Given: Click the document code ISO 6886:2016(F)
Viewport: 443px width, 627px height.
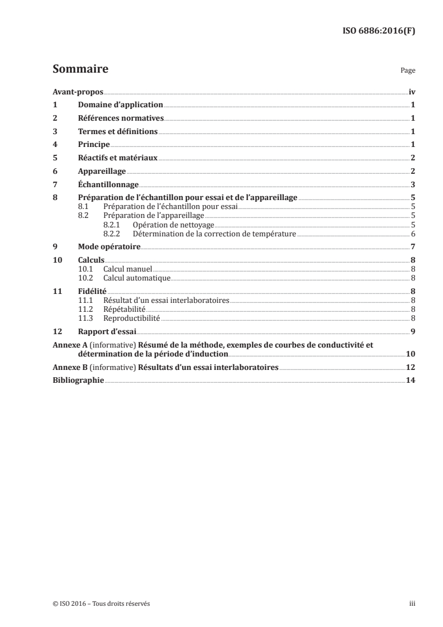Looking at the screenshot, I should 378,31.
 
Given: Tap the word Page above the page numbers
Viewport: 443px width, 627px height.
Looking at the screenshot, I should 407,72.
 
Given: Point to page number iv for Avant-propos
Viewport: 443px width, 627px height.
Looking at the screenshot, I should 411,91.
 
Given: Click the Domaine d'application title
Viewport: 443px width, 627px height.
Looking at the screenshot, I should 120,104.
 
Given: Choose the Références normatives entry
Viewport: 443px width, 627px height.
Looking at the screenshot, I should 121,118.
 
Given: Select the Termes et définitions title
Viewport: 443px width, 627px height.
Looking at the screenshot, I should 118,131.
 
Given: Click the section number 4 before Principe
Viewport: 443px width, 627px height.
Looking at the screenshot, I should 55,145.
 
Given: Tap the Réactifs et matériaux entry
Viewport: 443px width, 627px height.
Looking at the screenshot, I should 118,158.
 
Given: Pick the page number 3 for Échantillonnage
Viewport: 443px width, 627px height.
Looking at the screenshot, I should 412,185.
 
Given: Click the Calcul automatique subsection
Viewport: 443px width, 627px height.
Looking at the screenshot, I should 137,277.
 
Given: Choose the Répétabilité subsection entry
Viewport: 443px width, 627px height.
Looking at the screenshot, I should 125,308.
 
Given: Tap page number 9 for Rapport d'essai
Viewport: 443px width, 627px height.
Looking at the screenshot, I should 412,331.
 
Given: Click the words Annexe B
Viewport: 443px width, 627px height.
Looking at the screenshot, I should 68,368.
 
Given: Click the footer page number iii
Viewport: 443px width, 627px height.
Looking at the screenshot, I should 412,604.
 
